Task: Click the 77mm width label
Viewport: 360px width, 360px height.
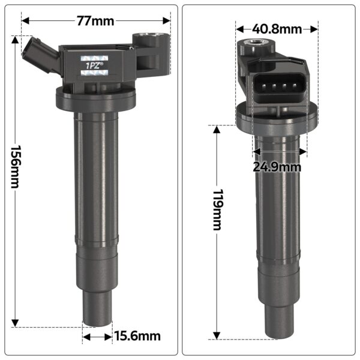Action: [x=95, y=21]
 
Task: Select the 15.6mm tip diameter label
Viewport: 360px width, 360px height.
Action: [x=137, y=337]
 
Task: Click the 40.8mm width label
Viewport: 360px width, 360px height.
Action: [x=277, y=28]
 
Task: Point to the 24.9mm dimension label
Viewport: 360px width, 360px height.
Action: [x=277, y=167]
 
